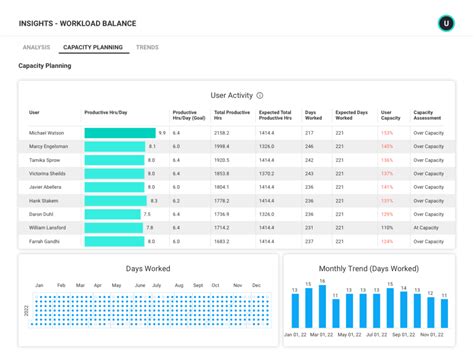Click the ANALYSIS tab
(x=36, y=47)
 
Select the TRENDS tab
(x=147, y=47)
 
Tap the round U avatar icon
(x=445, y=22)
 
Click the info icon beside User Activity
(x=260, y=96)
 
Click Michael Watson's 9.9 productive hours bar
(x=119, y=132)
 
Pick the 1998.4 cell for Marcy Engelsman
(x=222, y=146)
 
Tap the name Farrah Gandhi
(x=44, y=240)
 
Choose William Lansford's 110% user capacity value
(x=386, y=227)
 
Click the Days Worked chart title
(x=147, y=269)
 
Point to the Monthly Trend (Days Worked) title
(x=368, y=269)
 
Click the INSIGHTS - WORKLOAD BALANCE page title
(x=77, y=22)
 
